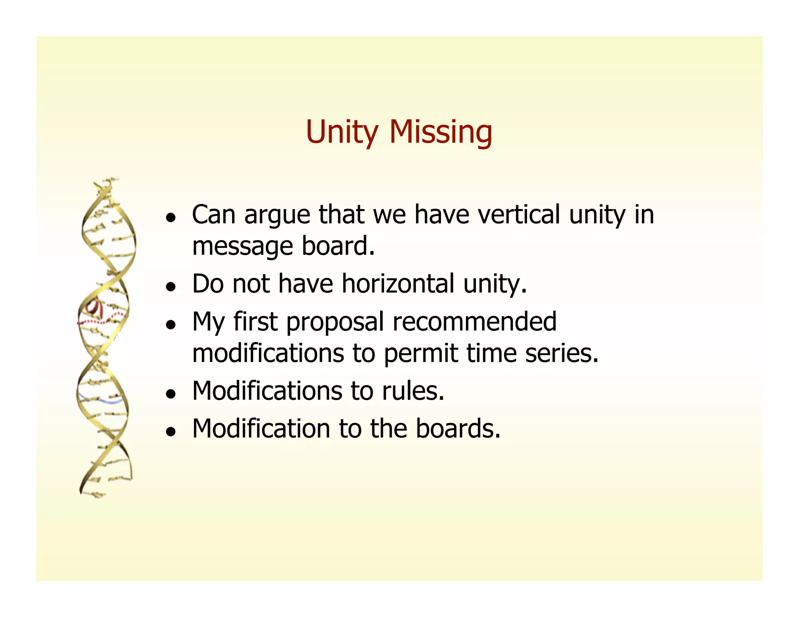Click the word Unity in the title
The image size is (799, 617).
coord(342,132)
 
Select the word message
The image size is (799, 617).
coord(242,246)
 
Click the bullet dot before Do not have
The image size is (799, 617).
coord(170,287)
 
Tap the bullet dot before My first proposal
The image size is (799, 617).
coord(170,324)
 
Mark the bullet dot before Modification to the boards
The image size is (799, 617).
coord(170,432)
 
